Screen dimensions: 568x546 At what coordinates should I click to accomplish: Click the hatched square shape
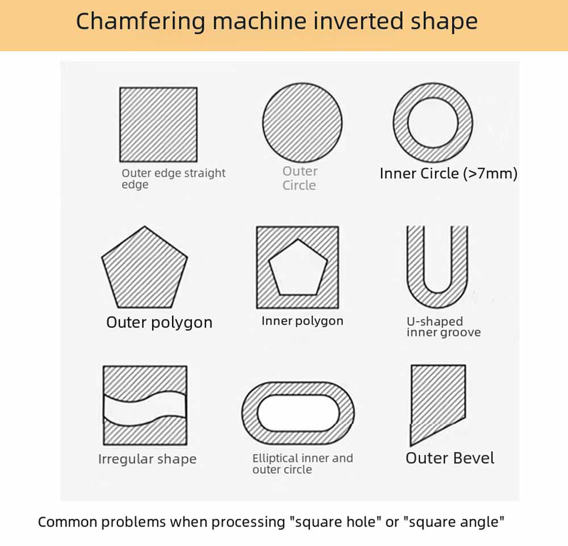(x=158, y=124)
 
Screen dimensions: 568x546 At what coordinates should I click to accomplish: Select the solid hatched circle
(x=303, y=123)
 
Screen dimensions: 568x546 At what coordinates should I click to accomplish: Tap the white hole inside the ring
(x=433, y=123)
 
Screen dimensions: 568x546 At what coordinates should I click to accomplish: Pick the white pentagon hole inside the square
(x=298, y=269)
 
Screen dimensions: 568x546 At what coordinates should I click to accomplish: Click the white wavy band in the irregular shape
(x=145, y=407)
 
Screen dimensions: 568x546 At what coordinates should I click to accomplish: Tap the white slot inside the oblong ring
(x=298, y=413)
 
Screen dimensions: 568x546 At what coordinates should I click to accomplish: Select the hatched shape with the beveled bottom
(x=437, y=402)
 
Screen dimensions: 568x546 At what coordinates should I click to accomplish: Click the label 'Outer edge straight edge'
(x=173, y=178)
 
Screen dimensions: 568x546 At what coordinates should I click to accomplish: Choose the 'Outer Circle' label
(x=299, y=178)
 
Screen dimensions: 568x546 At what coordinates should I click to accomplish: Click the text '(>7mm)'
(x=490, y=173)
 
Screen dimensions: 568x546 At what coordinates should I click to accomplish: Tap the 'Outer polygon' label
(x=160, y=323)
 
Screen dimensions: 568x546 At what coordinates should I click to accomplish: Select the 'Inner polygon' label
(x=303, y=321)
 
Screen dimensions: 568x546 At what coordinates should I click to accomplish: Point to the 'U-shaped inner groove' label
(x=444, y=327)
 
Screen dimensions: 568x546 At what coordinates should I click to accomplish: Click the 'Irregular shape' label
(x=148, y=459)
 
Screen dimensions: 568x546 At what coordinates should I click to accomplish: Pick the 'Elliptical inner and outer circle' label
(x=303, y=464)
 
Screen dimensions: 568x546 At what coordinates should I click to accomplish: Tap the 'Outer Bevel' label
(x=450, y=459)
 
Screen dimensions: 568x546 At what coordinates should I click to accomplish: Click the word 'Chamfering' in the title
(x=140, y=22)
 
